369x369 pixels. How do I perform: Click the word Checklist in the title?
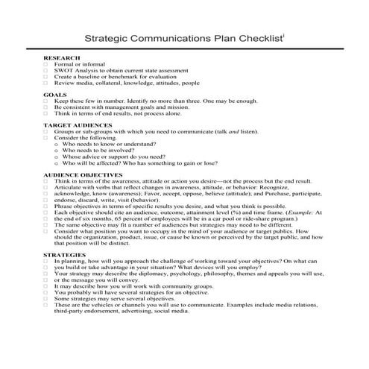[257, 36]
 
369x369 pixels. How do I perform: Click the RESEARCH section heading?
[61, 57]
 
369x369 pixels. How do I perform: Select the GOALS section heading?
[54, 95]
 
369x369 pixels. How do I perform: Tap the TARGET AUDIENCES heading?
[78, 125]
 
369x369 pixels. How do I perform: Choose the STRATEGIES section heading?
[64, 254]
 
